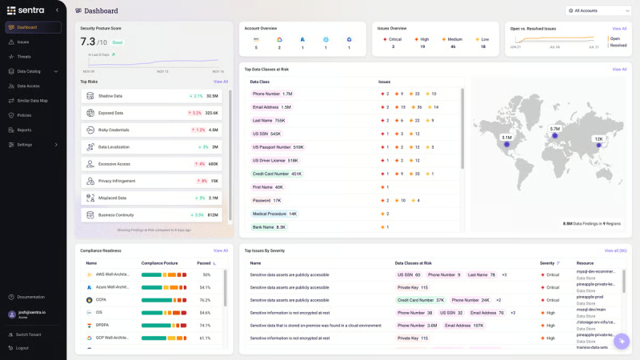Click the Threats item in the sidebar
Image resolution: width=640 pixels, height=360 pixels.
pyautogui.click(x=24, y=57)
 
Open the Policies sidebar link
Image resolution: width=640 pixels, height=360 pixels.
pyautogui.click(x=24, y=115)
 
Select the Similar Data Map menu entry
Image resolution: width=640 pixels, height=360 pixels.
pyautogui.click(x=32, y=101)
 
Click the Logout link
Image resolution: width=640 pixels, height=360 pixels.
pyautogui.click(x=22, y=347)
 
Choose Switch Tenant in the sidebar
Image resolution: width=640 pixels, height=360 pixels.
pyautogui.click(x=28, y=334)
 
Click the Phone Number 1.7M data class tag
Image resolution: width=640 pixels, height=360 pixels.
pyautogui.click(x=272, y=94)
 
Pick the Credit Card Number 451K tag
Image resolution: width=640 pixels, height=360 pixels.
pyautogui.click(x=277, y=174)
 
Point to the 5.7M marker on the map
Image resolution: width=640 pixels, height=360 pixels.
pyautogui.click(x=554, y=129)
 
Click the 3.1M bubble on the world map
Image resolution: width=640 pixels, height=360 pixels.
pyautogui.click(x=506, y=138)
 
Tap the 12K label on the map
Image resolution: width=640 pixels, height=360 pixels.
pyautogui.click(x=598, y=139)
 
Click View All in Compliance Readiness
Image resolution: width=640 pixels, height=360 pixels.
pyautogui.click(x=220, y=250)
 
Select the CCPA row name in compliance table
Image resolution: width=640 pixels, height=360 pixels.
pyautogui.click(x=101, y=300)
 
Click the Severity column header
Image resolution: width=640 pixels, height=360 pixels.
pyautogui.click(x=548, y=262)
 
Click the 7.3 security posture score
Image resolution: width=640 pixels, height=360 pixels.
pyautogui.click(x=88, y=42)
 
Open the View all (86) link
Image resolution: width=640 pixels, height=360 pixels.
pyautogui.click(x=615, y=250)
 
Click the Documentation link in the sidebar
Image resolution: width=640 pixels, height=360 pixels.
pyautogui.click(x=30, y=297)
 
